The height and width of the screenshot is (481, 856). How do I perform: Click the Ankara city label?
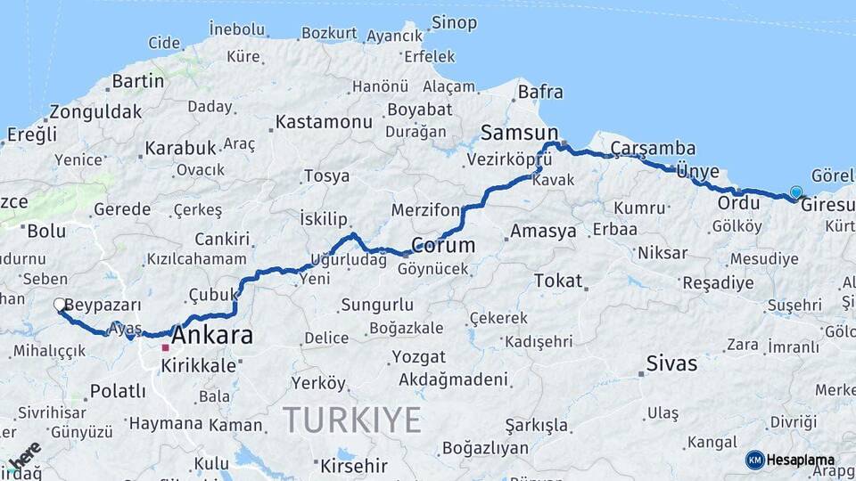pyautogui.click(x=211, y=337)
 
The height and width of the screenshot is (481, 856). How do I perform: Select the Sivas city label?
pyautogui.click(x=671, y=363)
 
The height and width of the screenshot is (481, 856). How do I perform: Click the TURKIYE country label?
pyautogui.click(x=351, y=420)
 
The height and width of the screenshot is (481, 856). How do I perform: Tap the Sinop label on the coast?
pyautogui.click(x=453, y=22)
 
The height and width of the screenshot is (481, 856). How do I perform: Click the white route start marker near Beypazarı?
pyautogui.click(x=60, y=305)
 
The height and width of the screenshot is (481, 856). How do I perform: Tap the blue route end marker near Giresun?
pyautogui.click(x=795, y=192)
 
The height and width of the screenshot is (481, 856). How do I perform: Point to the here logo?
pyautogui.click(x=24, y=454)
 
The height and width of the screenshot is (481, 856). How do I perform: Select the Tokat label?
pyautogui.click(x=557, y=281)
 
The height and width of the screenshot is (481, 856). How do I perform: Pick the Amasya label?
pyautogui.click(x=543, y=232)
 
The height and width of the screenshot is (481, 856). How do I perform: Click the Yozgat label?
pyautogui.click(x=417, y=357)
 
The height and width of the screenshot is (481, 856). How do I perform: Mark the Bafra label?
pyautogui.click(x=540, y=92)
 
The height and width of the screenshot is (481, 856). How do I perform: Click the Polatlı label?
pyautogui.click(x=118, y=392)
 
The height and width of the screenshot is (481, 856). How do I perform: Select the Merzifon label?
pyautogui.click(x=425, y=210)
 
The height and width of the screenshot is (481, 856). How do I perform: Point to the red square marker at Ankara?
pyautogui.click(x=165, y=347)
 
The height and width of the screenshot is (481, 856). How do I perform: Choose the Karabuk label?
pyautogui.click(x=180, y=148)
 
